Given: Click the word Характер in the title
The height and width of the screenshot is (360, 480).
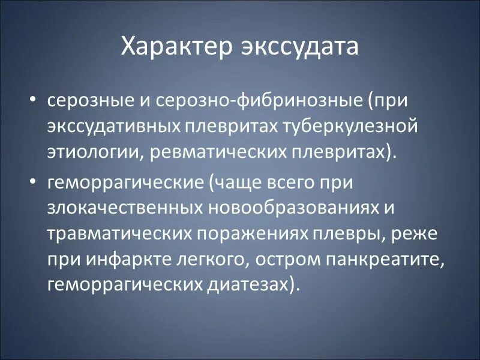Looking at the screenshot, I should click(x=170, y=47).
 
